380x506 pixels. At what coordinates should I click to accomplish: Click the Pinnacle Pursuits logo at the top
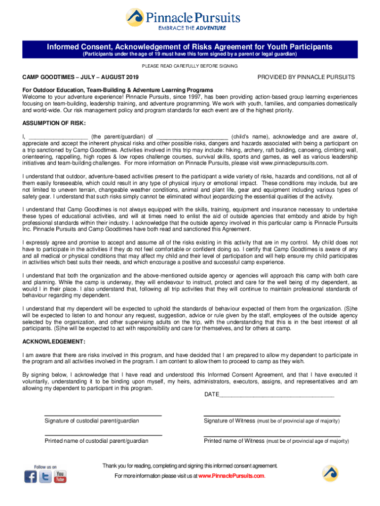pos(183,18)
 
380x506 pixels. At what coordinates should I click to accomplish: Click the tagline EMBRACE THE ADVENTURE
pos(195,28)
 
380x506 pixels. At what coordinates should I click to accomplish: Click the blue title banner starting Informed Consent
pos(190,50)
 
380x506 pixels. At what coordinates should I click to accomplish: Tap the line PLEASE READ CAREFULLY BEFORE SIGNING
pos(190,66)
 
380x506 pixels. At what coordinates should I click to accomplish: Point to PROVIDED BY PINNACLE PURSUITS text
pos(306,78)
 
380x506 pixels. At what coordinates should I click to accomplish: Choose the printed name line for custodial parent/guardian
pos(103,435)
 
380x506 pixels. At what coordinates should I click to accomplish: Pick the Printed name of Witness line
pos(272,435)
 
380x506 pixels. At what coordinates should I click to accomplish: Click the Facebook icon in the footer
pos(31,477)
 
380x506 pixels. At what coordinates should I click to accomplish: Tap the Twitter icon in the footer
pos(45,477)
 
